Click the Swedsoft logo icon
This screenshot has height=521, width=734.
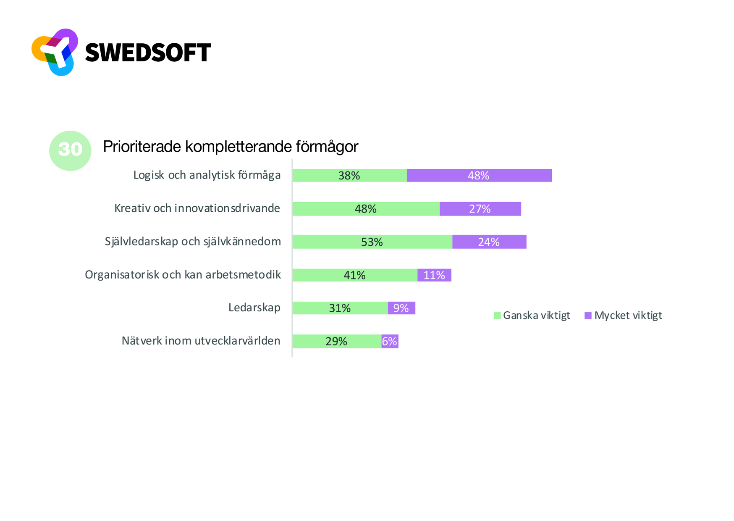click(55, 52)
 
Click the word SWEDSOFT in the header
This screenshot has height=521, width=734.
click(148, 53)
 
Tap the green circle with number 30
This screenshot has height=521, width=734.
click(70, 150)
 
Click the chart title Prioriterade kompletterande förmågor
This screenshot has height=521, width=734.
click(230, 147)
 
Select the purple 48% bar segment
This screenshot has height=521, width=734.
click(479, 176)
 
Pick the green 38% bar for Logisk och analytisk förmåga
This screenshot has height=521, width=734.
click(349, 176)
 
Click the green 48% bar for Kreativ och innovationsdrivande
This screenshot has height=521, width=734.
click(366, 209)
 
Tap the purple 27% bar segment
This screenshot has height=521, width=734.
click(480, 209)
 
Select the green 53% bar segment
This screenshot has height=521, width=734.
click(372, 242)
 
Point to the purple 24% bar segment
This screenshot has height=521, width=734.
click(489, 242)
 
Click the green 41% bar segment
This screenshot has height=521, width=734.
click(355, 275)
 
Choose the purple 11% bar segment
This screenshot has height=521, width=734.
click(434, 275)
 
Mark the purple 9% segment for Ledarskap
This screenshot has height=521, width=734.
click(401, 308)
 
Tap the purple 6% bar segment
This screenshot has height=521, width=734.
click(390, 341)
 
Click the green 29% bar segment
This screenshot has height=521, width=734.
click(336, 341)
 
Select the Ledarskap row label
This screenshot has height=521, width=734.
click(254, 308)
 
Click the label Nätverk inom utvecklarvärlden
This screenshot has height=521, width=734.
click(201, 341)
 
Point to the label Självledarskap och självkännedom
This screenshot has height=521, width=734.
click(193, 242)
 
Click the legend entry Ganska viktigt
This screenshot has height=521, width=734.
click(532, 316)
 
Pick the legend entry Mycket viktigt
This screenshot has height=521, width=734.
click(623, 316)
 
